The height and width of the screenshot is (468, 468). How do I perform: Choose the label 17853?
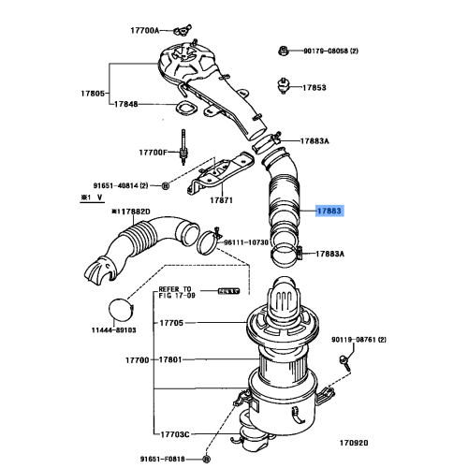(314, 87)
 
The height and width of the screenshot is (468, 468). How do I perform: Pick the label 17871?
(221, 200)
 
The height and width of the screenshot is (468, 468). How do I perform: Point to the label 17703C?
(175, 434)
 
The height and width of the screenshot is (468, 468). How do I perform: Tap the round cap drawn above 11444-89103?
(118, 308)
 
